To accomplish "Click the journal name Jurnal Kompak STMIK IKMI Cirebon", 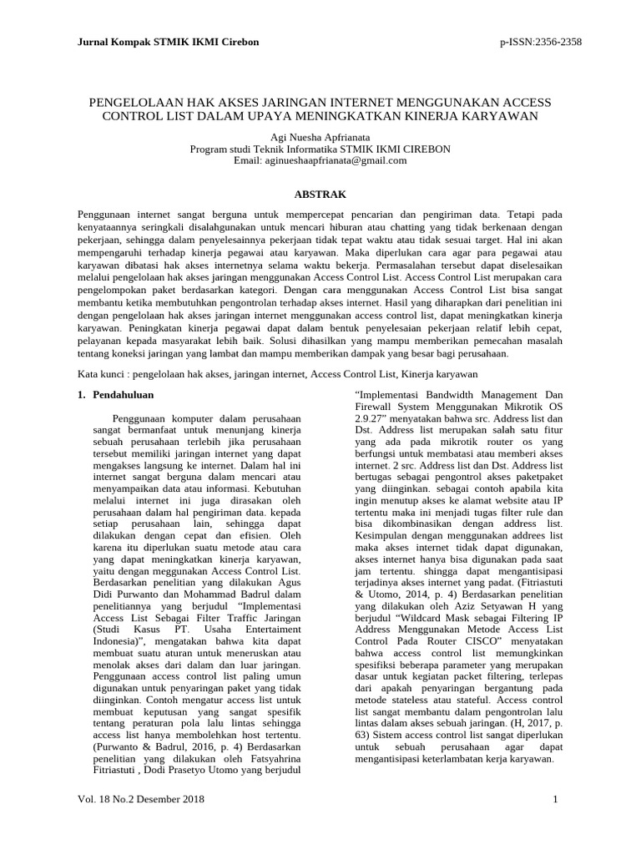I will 168,42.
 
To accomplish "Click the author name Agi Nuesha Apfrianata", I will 320,136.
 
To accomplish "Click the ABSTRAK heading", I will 320,194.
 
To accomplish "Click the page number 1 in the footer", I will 554,800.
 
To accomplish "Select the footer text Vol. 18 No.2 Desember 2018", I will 140,800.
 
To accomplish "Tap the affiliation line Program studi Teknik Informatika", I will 320,149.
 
